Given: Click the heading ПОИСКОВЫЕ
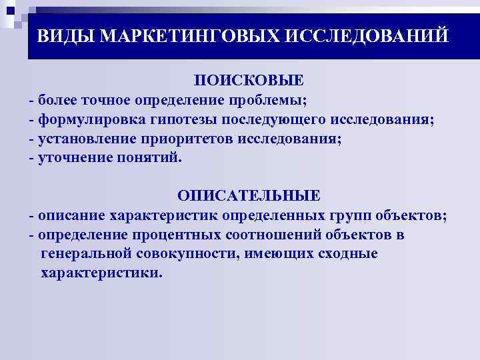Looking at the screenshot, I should pyautogui.click(x=248, y=81).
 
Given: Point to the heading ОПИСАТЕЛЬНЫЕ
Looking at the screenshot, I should pyautogui.click(x=248, y=196).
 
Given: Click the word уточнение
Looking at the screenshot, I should pyautogui.click(x=74, y=158).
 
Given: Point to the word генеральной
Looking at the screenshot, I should pyautogui.click(x=83, y=254).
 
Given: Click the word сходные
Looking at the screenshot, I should pyautogui.click(x=347, y=254).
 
